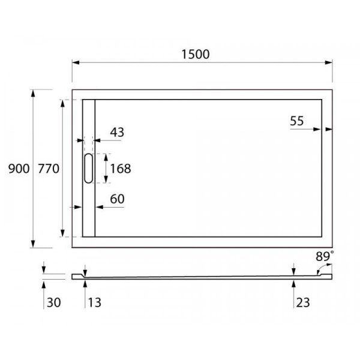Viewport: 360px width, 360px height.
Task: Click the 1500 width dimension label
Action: click(196, 54)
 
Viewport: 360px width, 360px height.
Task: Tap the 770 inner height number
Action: click(48, 169)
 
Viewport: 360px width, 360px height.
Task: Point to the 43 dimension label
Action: click(117, 133)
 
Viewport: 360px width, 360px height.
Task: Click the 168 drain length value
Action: click(120, 169)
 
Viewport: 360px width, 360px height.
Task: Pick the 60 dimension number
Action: click(116, 199)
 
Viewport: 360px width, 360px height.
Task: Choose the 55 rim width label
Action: click(296, 121)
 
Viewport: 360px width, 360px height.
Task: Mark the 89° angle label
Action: click(325, 256)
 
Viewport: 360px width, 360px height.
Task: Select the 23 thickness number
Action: click(302, 302)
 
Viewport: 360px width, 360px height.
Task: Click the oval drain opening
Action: click(88, 168)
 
